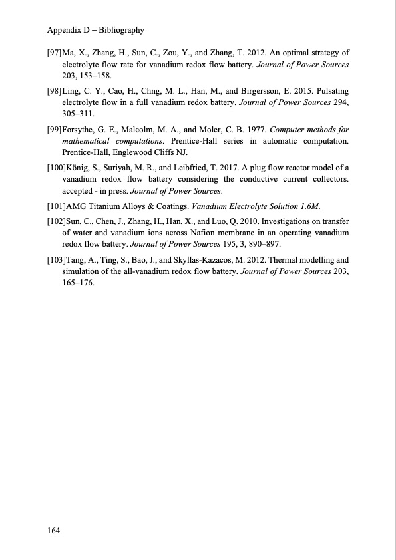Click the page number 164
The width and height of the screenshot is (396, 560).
point(54,531)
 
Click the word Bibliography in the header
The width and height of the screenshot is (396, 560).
point(120,30)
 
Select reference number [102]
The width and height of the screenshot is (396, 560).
point(55,220)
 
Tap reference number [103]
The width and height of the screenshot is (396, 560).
point(55,259)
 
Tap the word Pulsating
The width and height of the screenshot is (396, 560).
point(331,90)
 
